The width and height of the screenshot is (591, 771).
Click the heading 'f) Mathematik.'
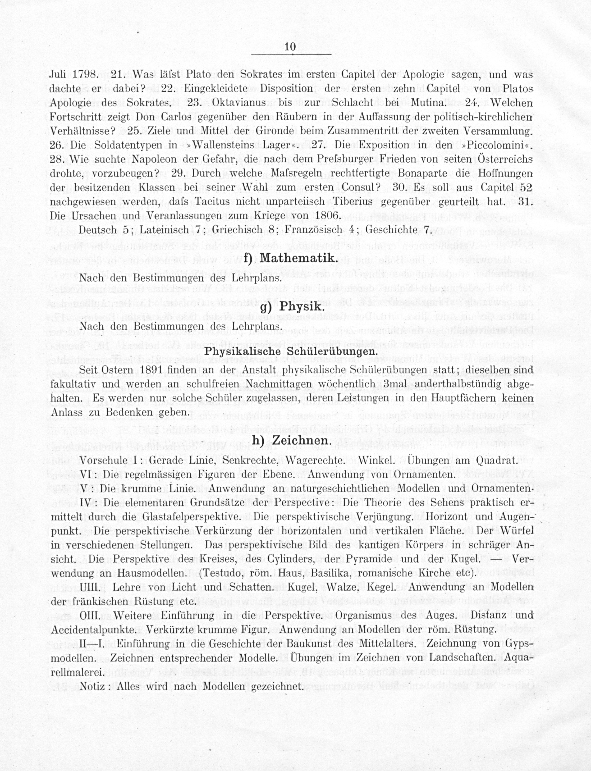tap(291, 259)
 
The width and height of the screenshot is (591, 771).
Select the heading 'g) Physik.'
tap(291, 307)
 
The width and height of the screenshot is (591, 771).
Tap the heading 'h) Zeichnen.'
tap(291, 441)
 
